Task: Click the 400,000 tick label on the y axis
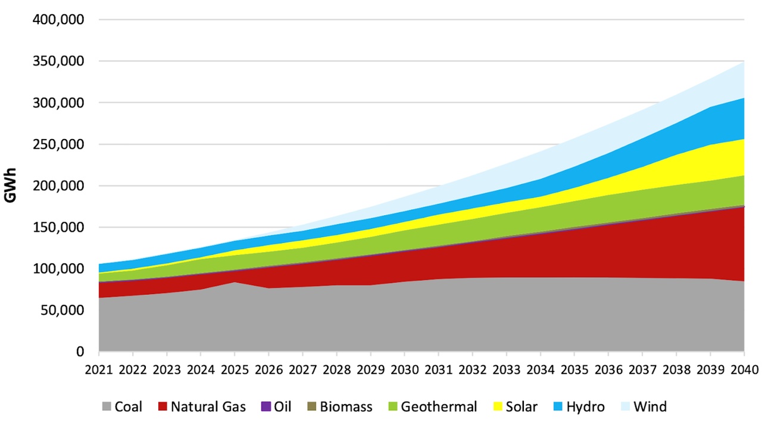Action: tap(58, 20)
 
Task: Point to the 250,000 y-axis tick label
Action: tap(58, 144)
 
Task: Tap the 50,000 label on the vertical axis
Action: tap(61, 310)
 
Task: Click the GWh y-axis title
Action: tap(11, 185)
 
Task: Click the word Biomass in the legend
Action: tap(346, 407)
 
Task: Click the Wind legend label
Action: tap(649, 407)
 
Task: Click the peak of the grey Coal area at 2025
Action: tap(235, 283)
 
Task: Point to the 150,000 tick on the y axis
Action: tap(58, 227)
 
